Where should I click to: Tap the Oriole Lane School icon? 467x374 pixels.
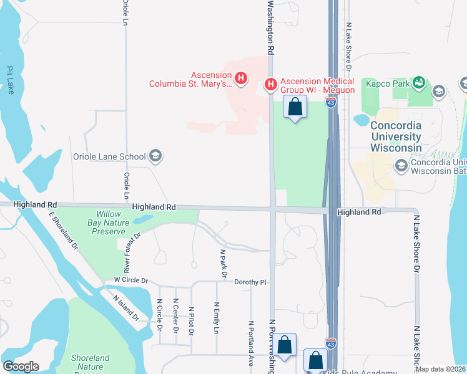coord(155,156)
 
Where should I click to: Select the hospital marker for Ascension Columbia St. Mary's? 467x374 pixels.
coord(241,79)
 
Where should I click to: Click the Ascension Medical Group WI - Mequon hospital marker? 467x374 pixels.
coord(271,84)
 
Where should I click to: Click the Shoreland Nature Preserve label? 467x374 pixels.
coord(91,363)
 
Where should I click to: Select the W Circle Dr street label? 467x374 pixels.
coord(130,281)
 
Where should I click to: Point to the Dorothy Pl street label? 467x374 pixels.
coord(250,282)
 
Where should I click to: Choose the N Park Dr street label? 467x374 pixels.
coord(223,264)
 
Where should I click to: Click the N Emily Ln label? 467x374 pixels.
coord(217,317)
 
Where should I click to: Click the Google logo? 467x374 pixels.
coord(21,367)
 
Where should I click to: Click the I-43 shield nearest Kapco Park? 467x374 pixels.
coord(332,103)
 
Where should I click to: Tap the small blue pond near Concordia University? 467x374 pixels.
coord(361,119)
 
